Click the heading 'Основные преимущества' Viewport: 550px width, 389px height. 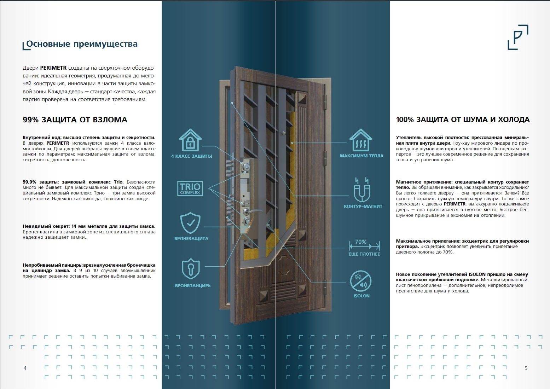[82, 44]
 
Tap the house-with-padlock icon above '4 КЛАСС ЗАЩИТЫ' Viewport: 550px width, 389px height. [190, 140]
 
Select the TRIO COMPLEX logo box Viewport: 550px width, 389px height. [190, 188]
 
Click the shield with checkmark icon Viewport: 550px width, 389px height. [190, 223]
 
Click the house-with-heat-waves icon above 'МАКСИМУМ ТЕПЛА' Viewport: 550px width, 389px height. [360, 140]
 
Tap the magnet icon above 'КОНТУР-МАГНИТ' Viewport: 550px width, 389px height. [362, 190]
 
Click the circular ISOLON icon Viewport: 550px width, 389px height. [361, 281]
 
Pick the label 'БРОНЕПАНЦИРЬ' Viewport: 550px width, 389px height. [193, 286]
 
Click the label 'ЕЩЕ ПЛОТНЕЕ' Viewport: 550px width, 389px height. [364, 254]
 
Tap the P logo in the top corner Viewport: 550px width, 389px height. [518, 37]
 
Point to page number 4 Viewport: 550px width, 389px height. [25, 368]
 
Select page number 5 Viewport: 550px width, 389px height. [526, 368]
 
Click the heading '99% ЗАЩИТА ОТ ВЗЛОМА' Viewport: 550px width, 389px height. [75, 120]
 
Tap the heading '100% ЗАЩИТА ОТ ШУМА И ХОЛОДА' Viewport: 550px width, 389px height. [463, 120]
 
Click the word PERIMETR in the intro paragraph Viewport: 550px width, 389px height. [53, 68]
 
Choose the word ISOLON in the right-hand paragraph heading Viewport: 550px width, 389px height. [477, 274]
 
